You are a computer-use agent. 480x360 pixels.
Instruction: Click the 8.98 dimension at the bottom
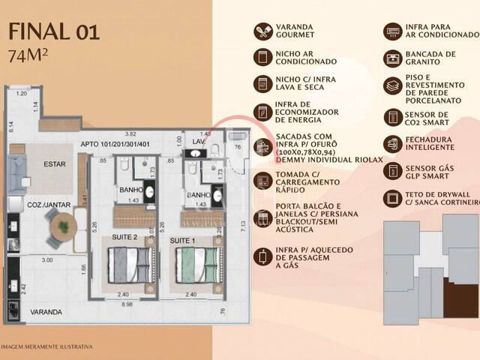[130, 304]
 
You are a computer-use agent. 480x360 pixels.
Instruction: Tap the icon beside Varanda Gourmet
[263, 31]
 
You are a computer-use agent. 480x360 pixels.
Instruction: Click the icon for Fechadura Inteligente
[392, 144]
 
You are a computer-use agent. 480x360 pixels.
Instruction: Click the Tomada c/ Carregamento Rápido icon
[263, 179]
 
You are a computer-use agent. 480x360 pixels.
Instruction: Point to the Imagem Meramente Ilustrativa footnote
[46, 346]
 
